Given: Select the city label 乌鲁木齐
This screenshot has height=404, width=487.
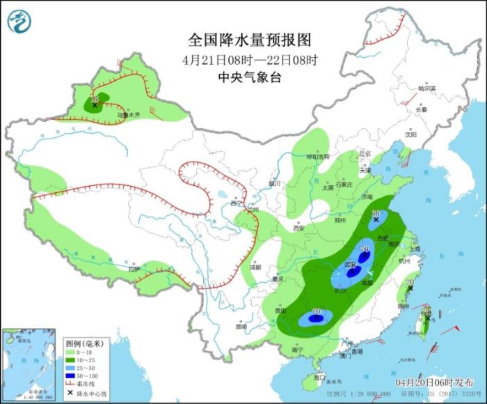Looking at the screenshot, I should pos(128,114).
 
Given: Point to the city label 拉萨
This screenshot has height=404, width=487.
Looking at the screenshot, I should pos(134,268).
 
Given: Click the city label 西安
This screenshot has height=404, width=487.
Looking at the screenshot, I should pos(299,228).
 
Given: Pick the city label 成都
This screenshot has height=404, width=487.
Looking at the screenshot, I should pos(255,266).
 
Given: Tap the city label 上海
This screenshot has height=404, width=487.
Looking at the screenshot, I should pos(415,248).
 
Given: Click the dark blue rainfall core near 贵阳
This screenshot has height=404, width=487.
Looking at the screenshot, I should pos(314,319).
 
